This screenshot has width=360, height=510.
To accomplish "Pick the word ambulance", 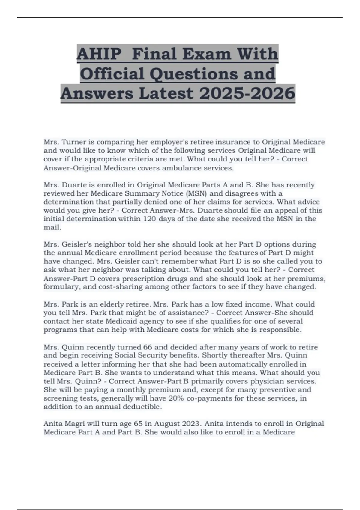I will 182,168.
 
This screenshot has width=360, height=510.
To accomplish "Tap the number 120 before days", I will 149,219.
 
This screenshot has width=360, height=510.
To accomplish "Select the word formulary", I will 58,287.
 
